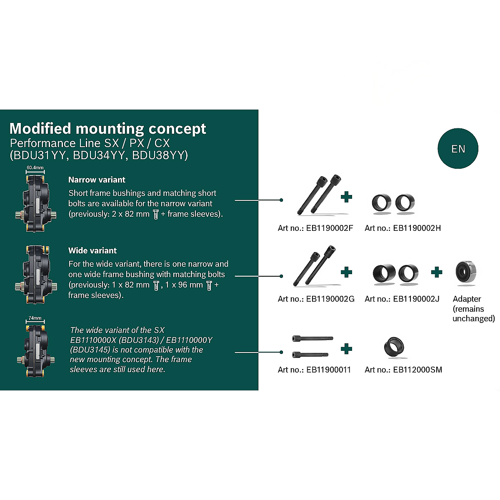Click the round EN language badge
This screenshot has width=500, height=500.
(x=458, y=149)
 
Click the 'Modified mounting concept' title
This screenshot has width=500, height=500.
(x=107, y=128)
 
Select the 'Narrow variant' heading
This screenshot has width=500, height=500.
(x=97, y=180)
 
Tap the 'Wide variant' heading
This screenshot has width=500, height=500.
(x=92, y=250)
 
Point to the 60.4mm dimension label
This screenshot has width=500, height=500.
(x=35, y=167)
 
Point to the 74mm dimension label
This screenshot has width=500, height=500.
(x=35, y=318)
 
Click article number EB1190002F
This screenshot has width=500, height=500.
(x=315, y=228)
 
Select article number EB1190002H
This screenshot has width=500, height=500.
(x=402, y=228)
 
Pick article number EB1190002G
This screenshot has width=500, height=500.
(x=316, y=299)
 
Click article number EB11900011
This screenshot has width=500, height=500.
(x=314, y=370)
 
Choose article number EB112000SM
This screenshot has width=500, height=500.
(x=403, y=370)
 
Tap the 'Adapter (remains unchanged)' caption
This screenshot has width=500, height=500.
(x=473, y=309)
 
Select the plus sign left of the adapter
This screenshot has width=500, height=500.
(x=437, y=272)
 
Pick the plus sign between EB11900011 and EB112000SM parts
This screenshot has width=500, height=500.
(x=346, y=348)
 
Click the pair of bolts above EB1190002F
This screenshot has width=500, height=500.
(x=319, y=195)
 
